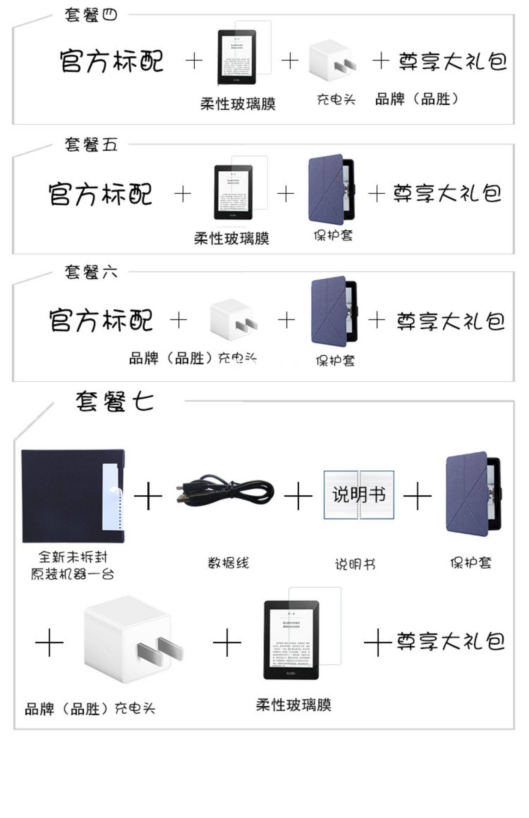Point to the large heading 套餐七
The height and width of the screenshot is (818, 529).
click(x=115, y=401)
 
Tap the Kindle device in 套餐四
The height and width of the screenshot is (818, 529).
click(x=237, y=57)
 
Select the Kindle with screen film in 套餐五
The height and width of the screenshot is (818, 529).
click(x=233, y=192)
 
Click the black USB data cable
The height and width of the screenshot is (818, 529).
click(x=225, y=491)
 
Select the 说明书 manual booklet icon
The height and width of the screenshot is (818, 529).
click(x=359, y=495)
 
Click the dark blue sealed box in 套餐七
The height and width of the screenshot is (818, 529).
click(x=73, y=496)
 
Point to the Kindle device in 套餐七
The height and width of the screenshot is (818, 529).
click(x=292, y=640)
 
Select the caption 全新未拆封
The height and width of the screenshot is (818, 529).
click(x=73, y=557)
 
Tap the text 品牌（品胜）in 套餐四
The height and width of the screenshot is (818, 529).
click(x=417, y=99)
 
